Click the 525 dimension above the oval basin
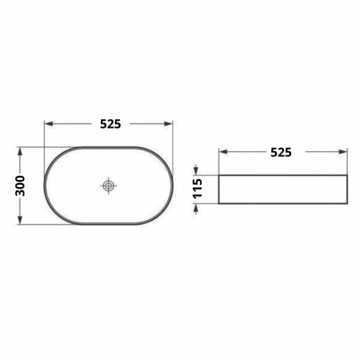(x=110, y=124)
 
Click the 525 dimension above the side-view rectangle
(x=281, y=152)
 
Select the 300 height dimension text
(x=20, y=186)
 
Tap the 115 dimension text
(x=198, y=189)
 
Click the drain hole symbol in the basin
(x=108, y=185)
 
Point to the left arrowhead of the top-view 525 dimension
(x=49, y=124)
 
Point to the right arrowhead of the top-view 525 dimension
(x=168, y=124)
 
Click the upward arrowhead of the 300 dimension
(x=20, y=153)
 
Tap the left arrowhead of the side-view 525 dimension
(x=223, y=152)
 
